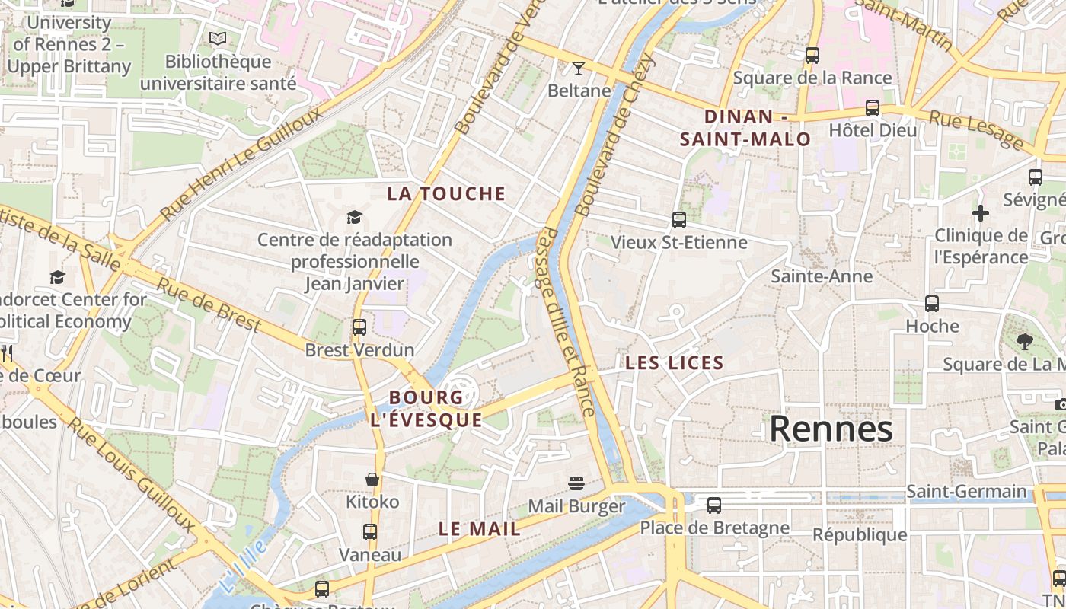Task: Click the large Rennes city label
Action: [831, 429]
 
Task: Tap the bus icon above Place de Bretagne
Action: [714, 505]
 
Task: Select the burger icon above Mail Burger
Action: [576, 483]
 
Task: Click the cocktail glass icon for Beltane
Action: [579, 69]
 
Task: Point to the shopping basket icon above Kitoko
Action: [372, 480]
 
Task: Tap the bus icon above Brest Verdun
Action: [359, 327]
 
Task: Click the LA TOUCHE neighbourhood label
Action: [446, 193]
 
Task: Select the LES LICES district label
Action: [674, 363]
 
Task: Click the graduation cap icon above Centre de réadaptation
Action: [354, 218]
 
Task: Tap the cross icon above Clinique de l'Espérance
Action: [981, 212]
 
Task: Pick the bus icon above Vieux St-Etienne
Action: [679, 220]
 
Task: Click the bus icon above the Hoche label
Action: [932, 304]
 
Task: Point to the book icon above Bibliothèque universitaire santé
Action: [218, 38]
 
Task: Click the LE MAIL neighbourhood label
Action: [480, 528]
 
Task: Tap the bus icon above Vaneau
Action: [370, 532]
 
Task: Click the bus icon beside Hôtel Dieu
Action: [873, 108]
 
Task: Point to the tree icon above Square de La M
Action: [1025, 341]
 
